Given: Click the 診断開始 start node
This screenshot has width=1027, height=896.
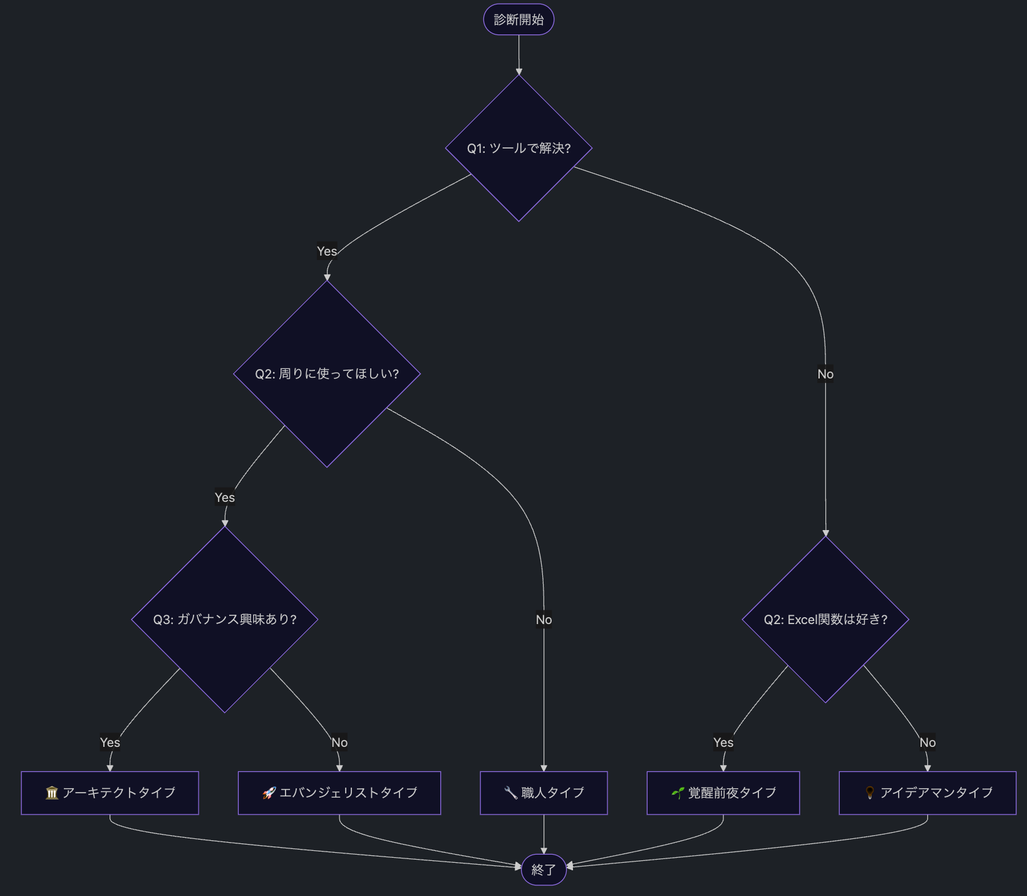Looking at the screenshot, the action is click(519, 19).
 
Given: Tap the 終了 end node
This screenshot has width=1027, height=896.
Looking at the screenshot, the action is click(544, 869).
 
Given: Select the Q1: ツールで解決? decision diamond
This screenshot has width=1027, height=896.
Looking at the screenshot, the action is click(519, 148).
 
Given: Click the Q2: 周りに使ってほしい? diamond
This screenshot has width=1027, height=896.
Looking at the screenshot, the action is click(327, 373).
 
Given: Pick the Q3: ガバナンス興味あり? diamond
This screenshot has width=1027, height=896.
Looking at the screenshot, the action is click(225, 619).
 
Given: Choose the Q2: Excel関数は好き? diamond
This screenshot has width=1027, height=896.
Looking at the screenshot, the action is click(825, 619).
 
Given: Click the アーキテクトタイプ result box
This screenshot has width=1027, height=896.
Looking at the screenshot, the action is click(110, 793).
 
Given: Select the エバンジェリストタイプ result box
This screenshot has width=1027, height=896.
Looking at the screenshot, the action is click(339, 793).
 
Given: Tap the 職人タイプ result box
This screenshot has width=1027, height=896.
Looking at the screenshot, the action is click(544, 793).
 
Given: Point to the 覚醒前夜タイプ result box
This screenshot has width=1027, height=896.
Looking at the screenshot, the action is click(723, 793).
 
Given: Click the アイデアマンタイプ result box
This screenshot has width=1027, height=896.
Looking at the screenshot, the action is click(927, 793).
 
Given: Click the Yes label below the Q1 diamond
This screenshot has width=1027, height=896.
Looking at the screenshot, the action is click(327, 251).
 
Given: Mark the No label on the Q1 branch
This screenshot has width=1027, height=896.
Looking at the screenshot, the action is click(825, 374).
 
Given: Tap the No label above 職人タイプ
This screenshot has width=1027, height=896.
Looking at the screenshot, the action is click(544, 620).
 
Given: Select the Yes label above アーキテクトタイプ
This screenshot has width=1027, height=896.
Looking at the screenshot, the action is click(110, 742).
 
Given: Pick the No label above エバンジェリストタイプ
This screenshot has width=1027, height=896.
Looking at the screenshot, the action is click(339, 742).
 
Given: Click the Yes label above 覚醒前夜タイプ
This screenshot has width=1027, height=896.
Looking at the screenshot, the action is click(723, 742).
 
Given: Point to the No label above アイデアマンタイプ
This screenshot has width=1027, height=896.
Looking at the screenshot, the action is click(927, 742).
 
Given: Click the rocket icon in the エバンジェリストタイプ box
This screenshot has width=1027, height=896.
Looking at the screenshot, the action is click(269, 793).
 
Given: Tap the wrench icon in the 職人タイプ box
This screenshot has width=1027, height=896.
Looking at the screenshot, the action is click(510, 793).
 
